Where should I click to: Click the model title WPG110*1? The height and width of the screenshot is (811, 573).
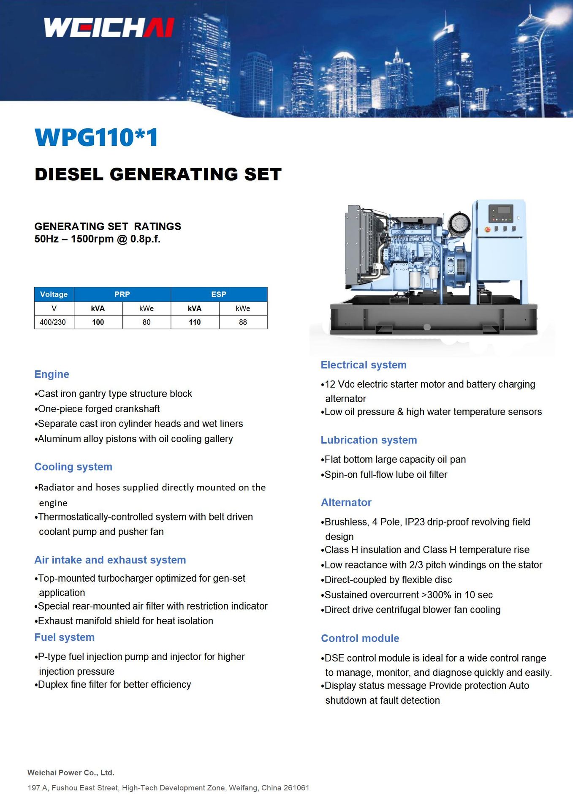97,137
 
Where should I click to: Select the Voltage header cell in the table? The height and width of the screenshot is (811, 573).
54,294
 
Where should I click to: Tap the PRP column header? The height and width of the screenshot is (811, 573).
122,294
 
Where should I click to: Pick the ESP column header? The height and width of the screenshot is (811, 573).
219,294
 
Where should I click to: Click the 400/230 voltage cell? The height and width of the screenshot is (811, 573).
53,322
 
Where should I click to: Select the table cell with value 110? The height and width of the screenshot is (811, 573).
195,322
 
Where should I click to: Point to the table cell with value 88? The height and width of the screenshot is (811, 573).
243,322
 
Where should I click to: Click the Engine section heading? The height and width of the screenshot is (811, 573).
52,374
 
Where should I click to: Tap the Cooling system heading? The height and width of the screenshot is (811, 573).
73,467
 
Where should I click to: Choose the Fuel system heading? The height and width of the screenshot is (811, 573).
64,637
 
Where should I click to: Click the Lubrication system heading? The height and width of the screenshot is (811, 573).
369,440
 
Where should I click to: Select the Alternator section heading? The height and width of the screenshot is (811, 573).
346,503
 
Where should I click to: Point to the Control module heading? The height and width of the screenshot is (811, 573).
360,638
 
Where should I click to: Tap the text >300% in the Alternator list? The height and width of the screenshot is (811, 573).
436,595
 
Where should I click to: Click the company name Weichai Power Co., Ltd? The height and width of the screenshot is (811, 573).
71,773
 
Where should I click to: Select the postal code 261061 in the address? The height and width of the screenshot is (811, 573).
296,788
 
